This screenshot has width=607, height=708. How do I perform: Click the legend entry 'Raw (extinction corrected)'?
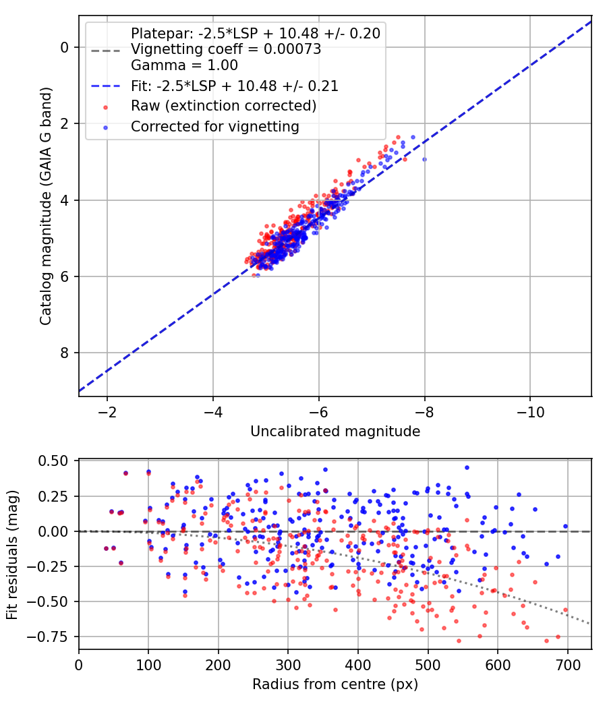pyautogui.click(x=223, y=106)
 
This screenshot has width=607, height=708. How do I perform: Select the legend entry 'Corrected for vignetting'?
pyautogui.click(x=215, y=127)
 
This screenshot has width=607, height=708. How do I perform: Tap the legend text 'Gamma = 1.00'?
pyautogui.click(x=184, y=65)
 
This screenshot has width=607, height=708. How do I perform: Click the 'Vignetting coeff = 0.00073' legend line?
pyautogui.click(x=226, y=49)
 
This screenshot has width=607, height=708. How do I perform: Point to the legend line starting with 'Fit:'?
pyautogui.click(x=235, y=86)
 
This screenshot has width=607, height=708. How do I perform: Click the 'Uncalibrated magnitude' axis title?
pyautogui.click(x=335, y=432)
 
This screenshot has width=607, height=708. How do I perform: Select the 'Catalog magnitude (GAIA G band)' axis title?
pyautogui.click(x=46, y=206)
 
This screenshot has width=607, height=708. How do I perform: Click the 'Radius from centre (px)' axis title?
pyautogui.click(x=335, y=684)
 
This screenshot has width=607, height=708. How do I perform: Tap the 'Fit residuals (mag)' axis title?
pyautogui.click(x=12, y=555)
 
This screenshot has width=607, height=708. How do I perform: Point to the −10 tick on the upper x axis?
pyautogui.click(x=530, y=412)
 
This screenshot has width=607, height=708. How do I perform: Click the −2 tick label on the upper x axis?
pyautogui.click(x=107, y=412)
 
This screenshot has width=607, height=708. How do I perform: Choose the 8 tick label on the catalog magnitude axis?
pyautogui.click(x=65, y=353)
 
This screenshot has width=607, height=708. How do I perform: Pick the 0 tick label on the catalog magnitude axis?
pyautogui.click(x=65, y=47)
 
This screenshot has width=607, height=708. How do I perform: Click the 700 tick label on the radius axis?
pyautogui.click(x=568, y=665)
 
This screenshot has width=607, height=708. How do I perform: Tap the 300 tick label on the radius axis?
pyautogui.click(x=288, y=665)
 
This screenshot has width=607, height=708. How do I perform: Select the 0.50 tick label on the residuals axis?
pyautogui.click(x=53, y=461)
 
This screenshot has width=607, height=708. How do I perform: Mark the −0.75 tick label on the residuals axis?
pyautogui.click(x=47, y=637)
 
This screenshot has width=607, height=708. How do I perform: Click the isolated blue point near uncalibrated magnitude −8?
pyautogui.click(x=424, y=159)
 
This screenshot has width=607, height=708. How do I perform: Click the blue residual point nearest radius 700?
pyautogui.click(x=565, y=526)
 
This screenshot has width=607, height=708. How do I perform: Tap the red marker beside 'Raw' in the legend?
pyautogui.click(x=106, y=107)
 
